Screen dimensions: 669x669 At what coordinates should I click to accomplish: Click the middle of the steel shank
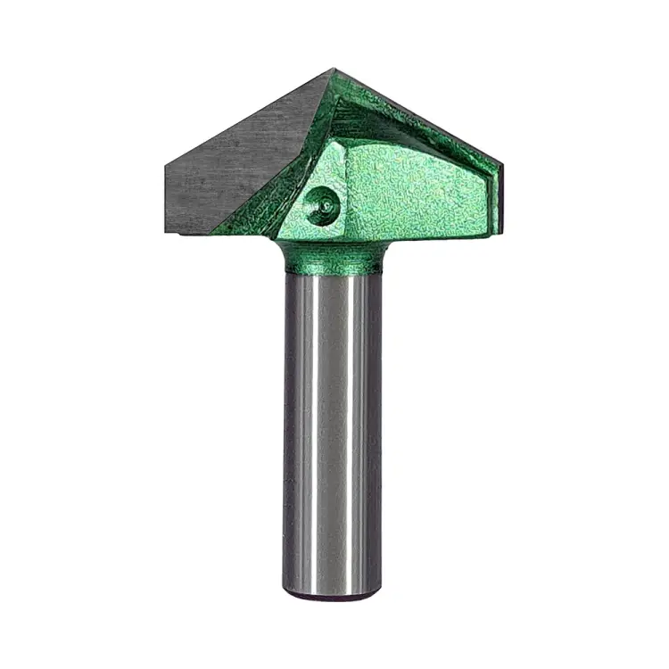coord(333,428)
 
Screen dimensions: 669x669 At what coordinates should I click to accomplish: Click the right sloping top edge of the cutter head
coord(419,116)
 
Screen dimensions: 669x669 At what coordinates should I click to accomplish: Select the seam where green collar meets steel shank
coord(333,271)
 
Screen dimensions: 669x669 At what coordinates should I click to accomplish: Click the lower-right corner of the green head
coord(488,236)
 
